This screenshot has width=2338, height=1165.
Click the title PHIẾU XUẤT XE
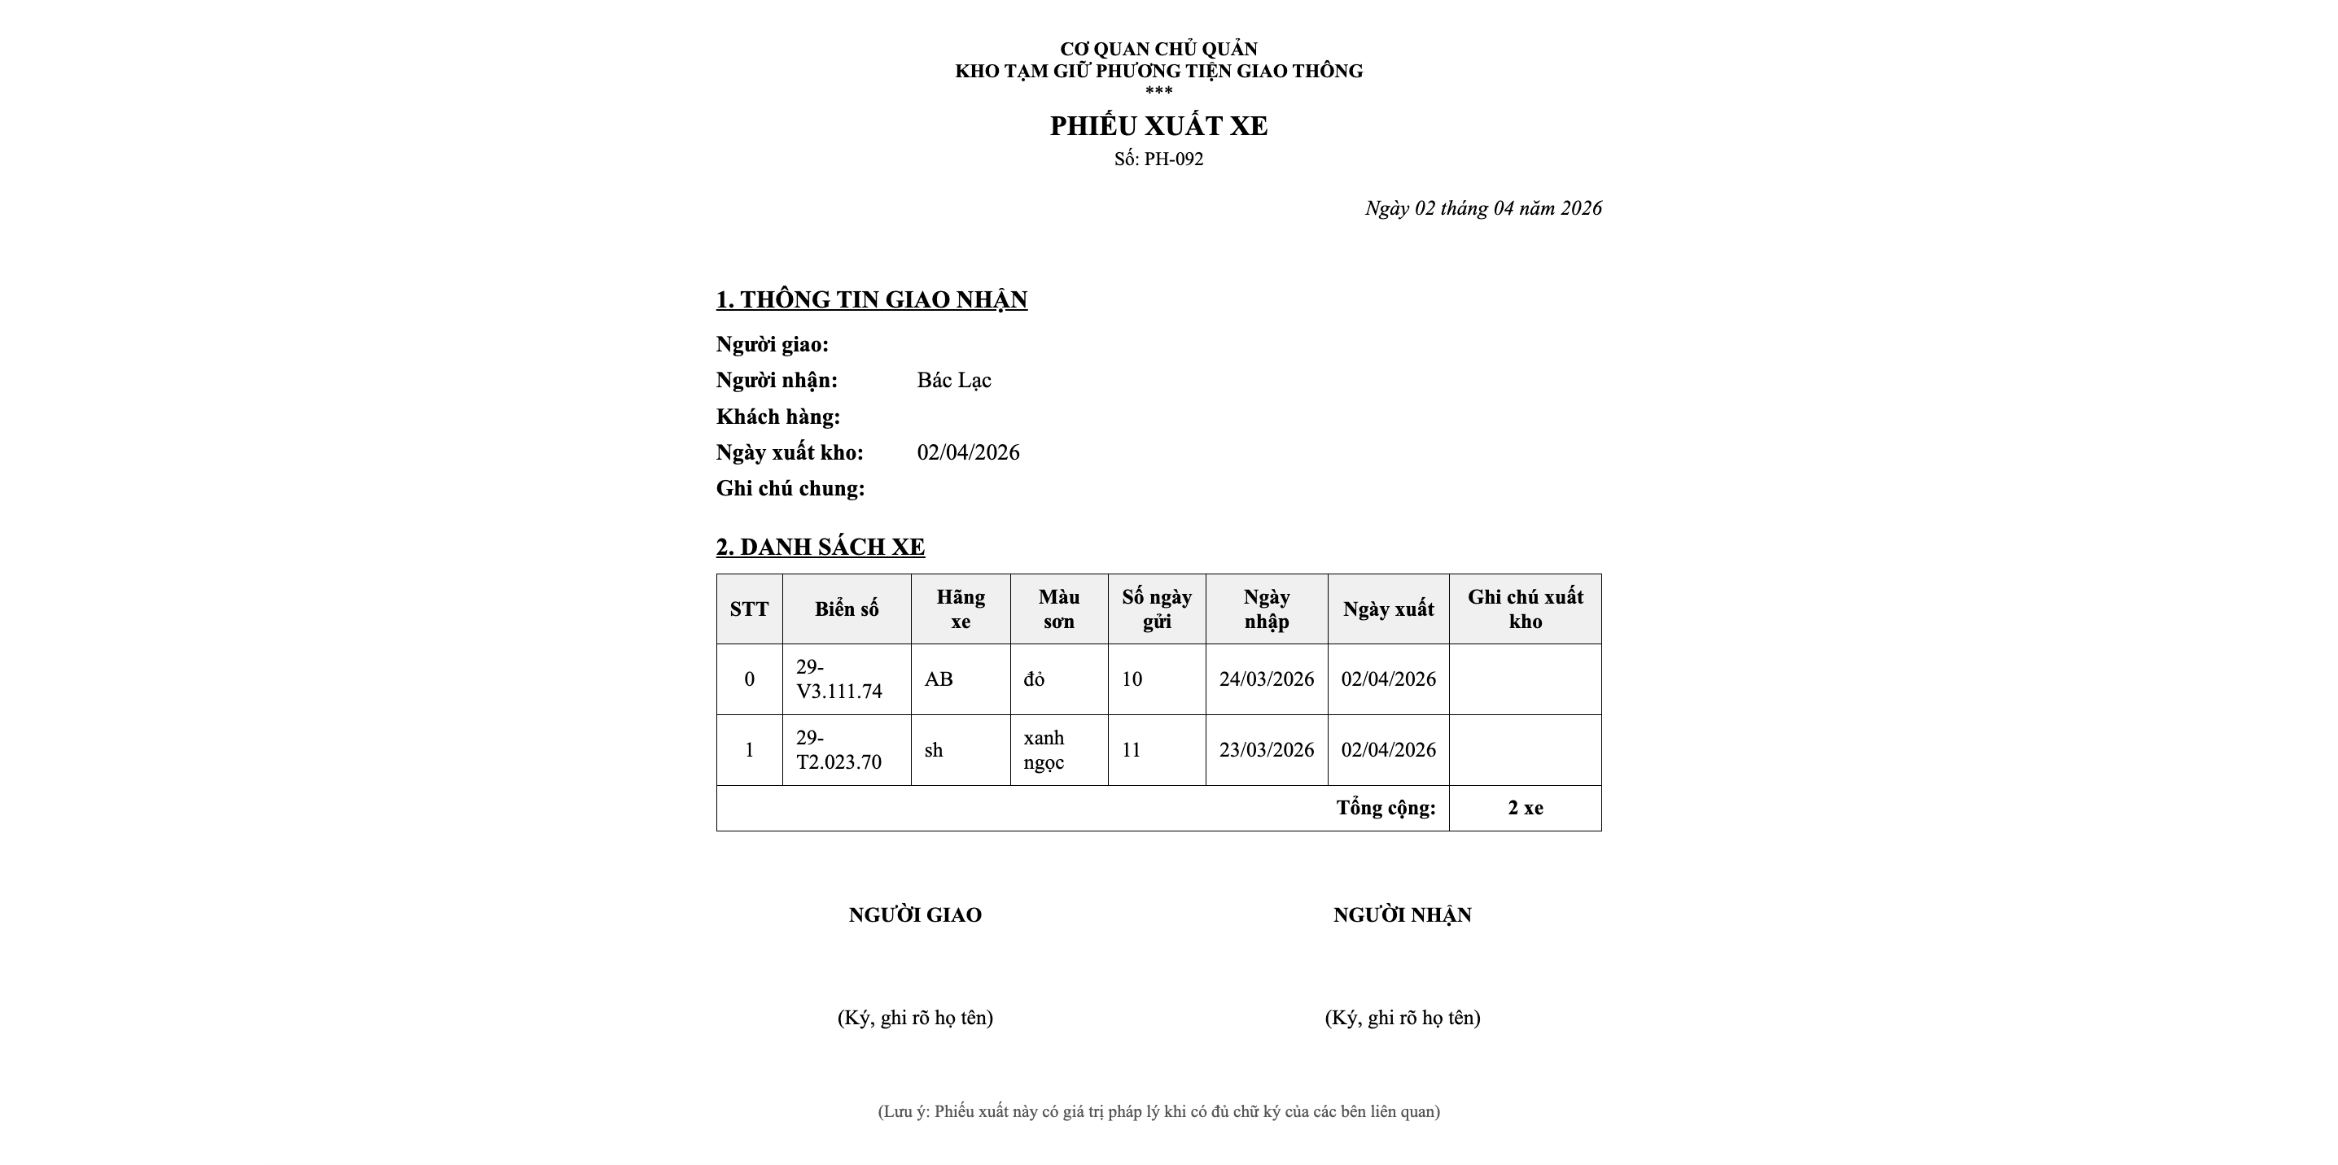point(1158,126)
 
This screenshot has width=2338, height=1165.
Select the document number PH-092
point(1172,159)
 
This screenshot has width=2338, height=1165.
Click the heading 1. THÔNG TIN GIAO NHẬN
point(871,299)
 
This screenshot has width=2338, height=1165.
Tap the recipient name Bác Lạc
point(953,380)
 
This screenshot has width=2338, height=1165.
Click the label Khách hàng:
point(777,417)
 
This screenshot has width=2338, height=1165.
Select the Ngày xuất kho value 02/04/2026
point(967,452)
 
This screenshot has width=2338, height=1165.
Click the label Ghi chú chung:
point(790,488)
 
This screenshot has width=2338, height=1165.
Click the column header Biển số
point(846,609)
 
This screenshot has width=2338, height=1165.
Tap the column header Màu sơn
point(1058,609)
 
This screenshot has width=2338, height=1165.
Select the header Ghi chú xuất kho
point(1525,609)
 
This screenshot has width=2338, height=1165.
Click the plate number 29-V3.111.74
point(838,678)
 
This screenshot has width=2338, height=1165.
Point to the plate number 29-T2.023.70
point(838,749)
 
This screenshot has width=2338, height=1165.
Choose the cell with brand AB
point(939,678)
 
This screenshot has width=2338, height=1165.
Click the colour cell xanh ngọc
point(1044,749)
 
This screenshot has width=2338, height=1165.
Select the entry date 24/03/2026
point(1266,678)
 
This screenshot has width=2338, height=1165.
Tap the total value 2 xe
point(1525,808)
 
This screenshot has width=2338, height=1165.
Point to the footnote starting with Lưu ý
point(1158,1111)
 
